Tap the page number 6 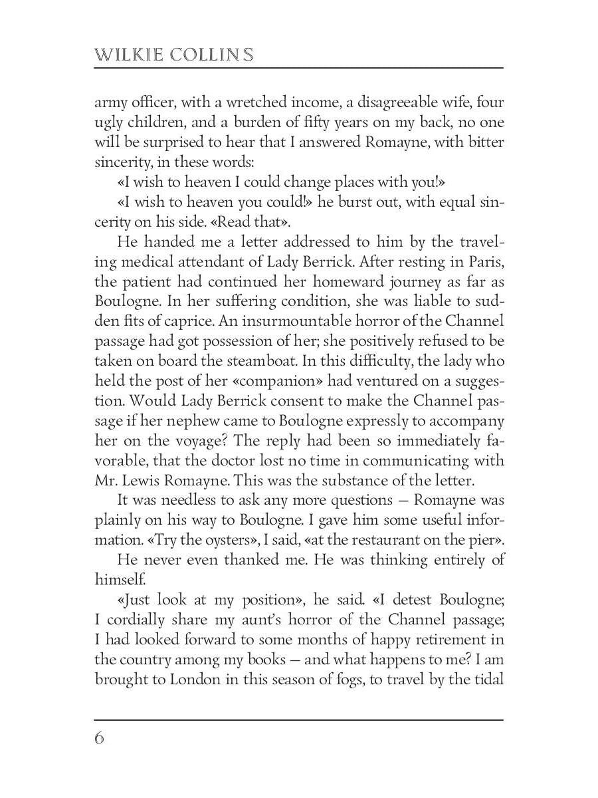100,738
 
